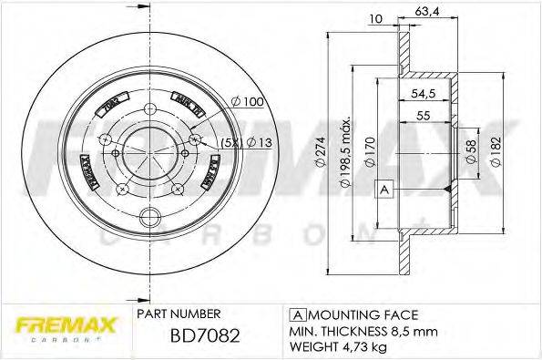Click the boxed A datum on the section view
click(x=383, y=189)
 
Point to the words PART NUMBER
click(x=179, y=312)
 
